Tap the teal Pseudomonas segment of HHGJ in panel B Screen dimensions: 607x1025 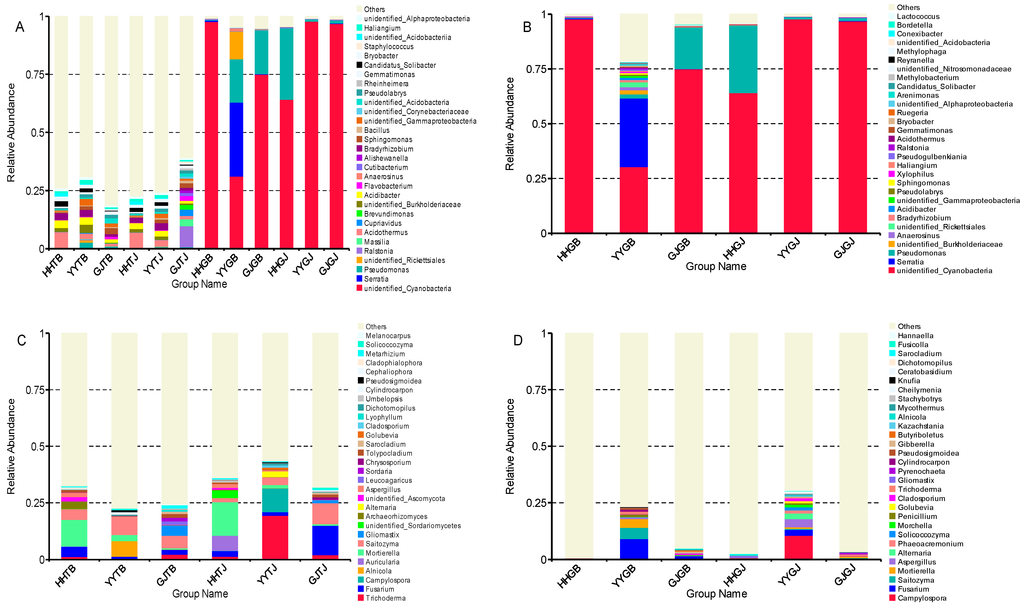[743, 59]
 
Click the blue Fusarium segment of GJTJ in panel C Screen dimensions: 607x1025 [325, 540]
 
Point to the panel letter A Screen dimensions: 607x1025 [20, 27]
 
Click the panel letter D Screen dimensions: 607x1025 [518, 340]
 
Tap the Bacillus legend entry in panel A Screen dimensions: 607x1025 [376, 130]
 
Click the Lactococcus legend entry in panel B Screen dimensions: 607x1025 [918, 16]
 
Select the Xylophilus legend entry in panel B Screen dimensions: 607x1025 [915, 174]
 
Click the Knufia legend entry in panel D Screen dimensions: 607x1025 [909, 381]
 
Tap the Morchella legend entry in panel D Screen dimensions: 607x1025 [915, 526]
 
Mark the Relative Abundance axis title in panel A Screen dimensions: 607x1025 [11, 133]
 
